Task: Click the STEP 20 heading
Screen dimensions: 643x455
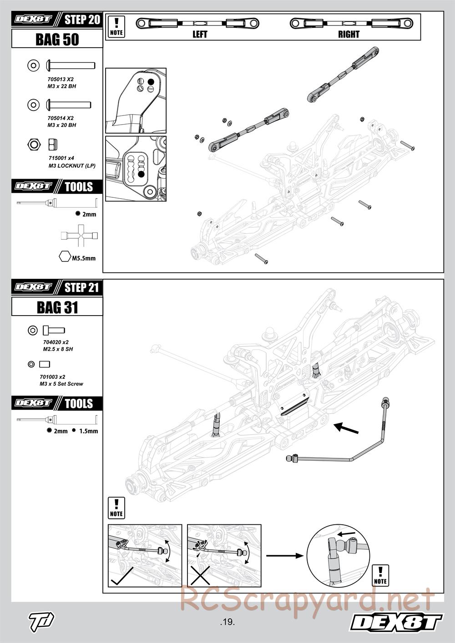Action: point(82,20)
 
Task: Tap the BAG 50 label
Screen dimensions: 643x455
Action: point(57,40)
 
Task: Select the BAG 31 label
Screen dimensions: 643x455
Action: point(57,308)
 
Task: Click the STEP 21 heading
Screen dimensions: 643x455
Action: point(82,287)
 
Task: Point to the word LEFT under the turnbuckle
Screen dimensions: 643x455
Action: point(200,34)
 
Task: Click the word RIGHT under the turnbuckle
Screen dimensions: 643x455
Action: point(349,34)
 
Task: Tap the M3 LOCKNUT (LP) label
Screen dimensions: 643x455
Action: point(72,166)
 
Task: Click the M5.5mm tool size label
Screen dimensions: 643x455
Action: point(84,258)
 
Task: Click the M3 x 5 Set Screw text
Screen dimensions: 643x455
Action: point(61,384)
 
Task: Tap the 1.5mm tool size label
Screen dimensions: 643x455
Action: point(88,431)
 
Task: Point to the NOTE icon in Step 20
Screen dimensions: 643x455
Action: point(117,26)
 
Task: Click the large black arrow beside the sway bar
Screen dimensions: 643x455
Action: point(346,428)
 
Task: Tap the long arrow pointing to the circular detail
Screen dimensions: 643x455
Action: point(284,555)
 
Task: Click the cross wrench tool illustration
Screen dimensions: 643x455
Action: point(80,236)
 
